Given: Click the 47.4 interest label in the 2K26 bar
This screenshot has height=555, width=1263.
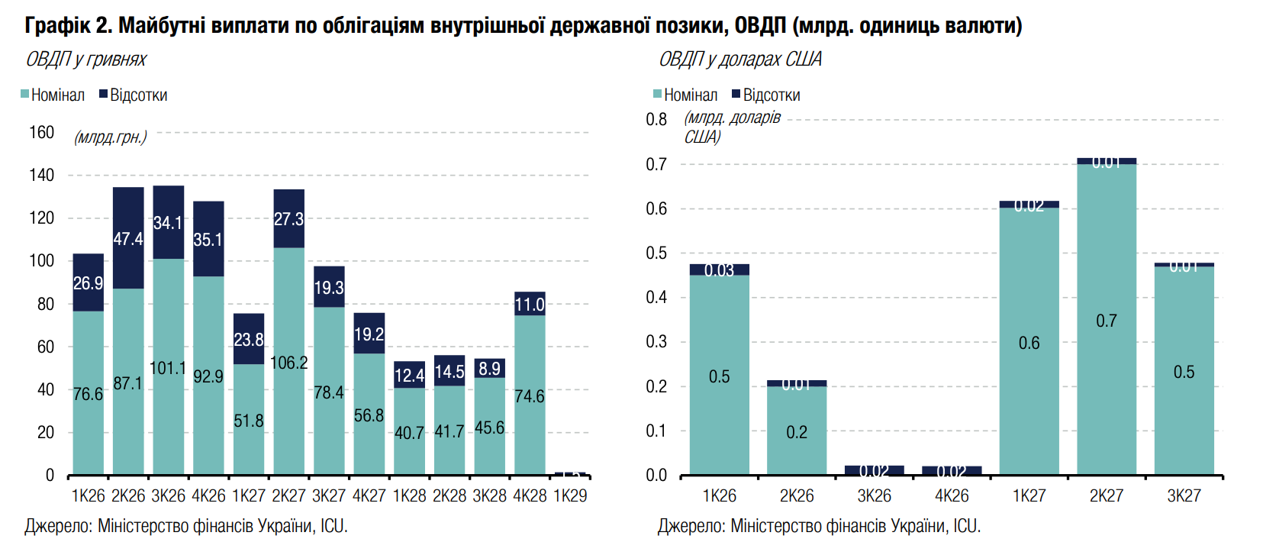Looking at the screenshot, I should click(127, 239).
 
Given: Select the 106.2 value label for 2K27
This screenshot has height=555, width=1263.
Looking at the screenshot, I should click(288, 363).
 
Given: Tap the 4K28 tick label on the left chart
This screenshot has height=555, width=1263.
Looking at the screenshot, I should click(530, 495).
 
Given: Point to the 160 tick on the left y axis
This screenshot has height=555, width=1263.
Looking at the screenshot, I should click(42, 132).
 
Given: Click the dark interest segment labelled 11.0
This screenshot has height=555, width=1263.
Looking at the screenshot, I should click(530, 304).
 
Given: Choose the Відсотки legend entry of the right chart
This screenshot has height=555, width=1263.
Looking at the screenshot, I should click(766, 95).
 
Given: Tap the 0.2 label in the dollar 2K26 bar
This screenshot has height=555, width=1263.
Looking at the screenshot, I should click(797, 432).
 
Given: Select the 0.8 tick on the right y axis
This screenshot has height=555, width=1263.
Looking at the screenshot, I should click(656, 119).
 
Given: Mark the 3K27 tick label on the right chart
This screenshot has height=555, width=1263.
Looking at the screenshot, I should click(1184, 495).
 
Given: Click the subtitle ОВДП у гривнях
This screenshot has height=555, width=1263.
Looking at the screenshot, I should click(85, 60).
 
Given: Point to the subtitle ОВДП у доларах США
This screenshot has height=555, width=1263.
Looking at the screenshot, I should click(740, 60).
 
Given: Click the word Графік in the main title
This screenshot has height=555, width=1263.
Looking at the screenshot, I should click(57, 25).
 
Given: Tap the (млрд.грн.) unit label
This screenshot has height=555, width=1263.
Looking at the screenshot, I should click(110, 137).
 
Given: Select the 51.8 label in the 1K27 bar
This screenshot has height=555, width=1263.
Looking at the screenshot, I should click(248, 421).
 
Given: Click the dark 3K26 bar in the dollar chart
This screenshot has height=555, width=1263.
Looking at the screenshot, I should click(874, 470).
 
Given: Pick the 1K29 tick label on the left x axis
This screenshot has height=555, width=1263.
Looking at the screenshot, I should click(570, 495).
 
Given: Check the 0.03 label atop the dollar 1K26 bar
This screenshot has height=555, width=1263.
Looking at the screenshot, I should click(719, 270).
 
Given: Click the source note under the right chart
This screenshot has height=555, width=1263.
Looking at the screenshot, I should click(819, 526).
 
